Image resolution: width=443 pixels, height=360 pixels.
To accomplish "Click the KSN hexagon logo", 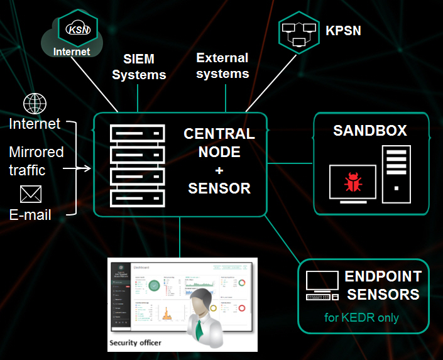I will [77, 28].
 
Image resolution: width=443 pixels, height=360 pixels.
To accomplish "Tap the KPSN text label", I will [343, 31].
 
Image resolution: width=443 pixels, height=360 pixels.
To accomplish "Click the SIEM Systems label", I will [139, 67].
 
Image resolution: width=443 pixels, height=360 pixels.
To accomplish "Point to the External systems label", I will [222, 65].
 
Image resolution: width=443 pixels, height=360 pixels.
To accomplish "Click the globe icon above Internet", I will [35, 104].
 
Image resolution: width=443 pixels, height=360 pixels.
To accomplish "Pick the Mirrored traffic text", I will [36, 161].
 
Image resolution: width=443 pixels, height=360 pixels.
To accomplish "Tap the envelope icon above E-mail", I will [30, 194].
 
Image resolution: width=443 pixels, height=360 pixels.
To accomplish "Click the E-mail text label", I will [30, 215].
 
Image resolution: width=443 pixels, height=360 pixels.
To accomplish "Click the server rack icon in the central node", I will [137, 166].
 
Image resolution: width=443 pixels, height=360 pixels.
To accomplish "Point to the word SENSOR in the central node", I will [219, 188].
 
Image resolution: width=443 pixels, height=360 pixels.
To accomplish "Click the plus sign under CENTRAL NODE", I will [219, 170].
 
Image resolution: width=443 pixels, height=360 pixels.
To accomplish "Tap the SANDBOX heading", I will [370, 131].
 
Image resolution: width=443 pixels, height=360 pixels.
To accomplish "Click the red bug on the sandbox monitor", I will [352, 183].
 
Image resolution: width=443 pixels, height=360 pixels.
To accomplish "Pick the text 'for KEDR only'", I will [361, 317].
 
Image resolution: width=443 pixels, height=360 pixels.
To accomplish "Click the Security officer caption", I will [135, 343].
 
